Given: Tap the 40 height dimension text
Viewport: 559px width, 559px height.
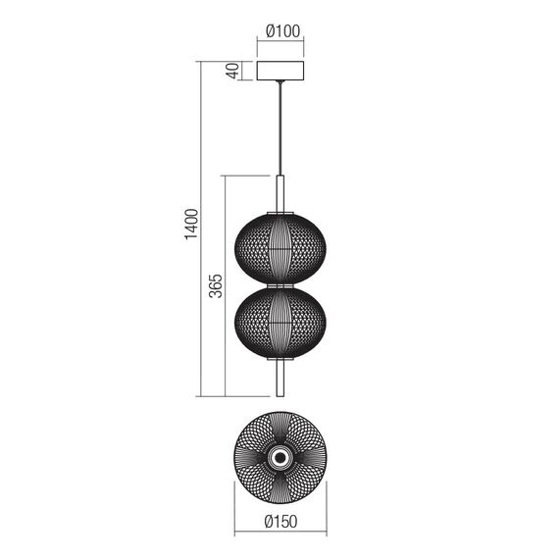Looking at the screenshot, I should point(233,72).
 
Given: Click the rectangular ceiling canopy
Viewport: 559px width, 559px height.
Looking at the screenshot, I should point(280,72).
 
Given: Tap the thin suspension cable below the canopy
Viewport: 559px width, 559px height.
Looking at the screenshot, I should point(280,127).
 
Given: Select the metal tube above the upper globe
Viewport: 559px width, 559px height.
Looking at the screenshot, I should point(280,191).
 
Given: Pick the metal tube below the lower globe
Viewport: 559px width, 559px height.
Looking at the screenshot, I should point(280,378).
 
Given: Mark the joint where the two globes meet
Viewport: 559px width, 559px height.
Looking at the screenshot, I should point(280,283).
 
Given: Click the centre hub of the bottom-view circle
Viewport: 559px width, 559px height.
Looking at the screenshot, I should point(280,457).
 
